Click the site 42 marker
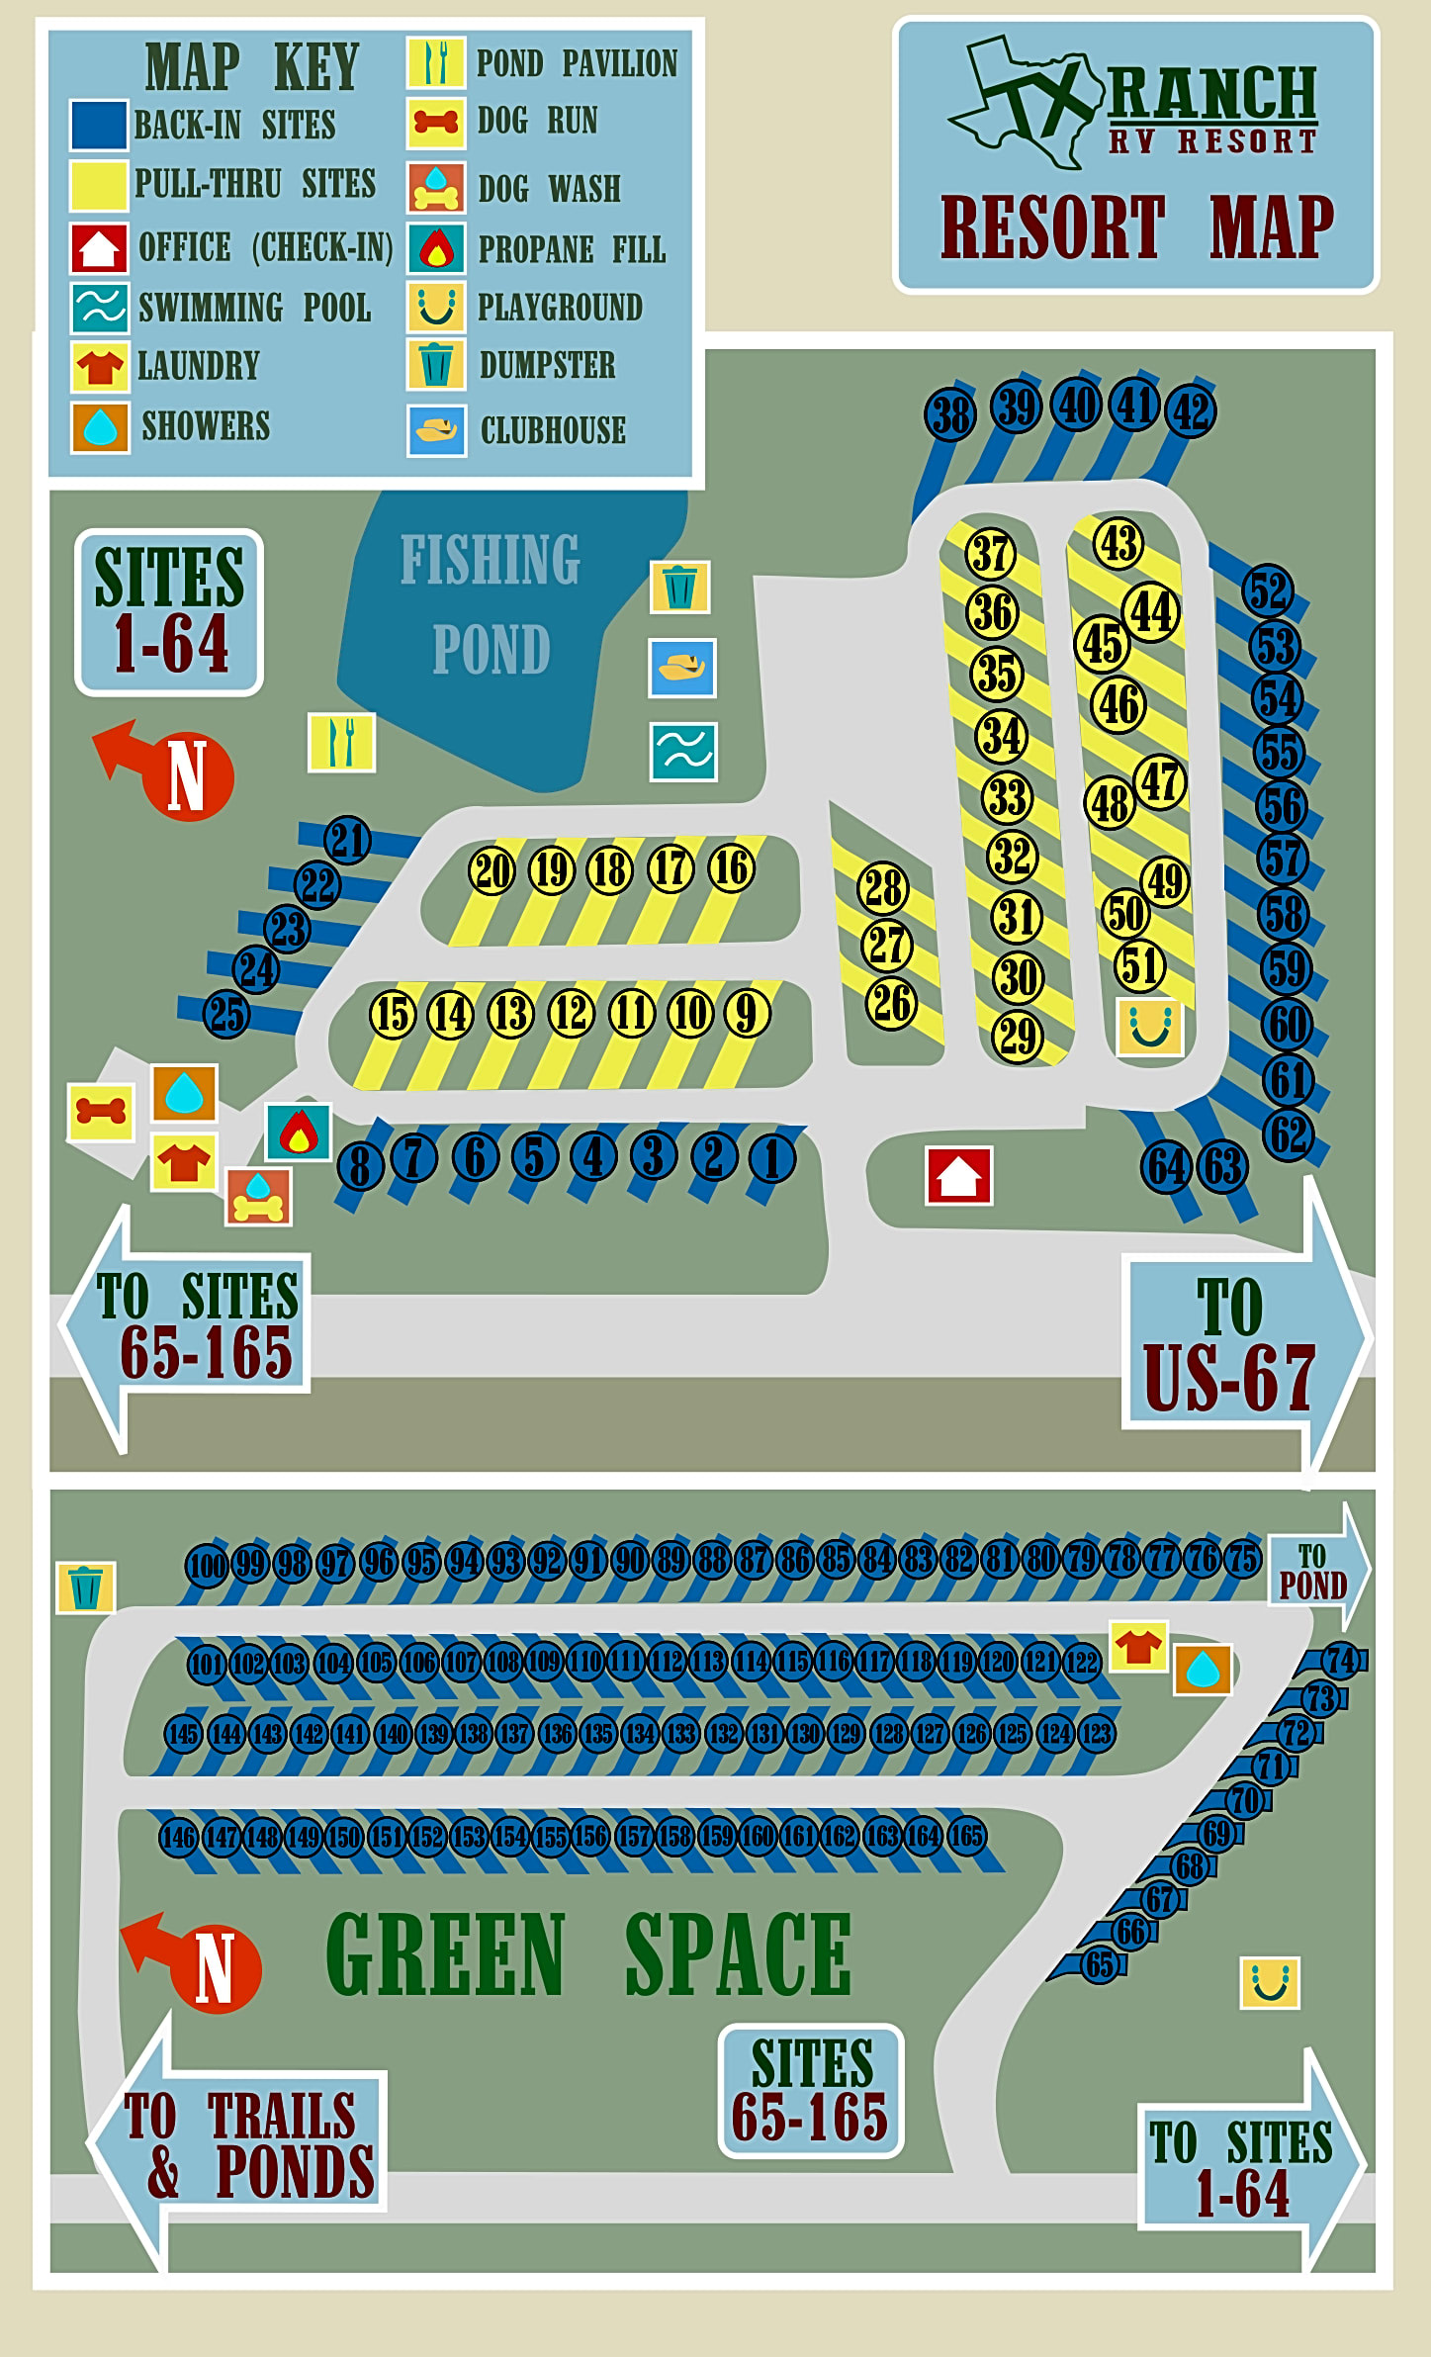1191,411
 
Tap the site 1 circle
772,1157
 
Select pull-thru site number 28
883,887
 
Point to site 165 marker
966,1836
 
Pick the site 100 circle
208,1565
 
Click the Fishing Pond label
491,604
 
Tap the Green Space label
588,1954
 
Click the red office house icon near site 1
958,1176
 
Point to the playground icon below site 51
1149,1026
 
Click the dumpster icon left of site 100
86,1586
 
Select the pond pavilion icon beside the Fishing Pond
341,742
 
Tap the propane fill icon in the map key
436,248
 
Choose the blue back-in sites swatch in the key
99,125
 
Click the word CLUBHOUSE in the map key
553,430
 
